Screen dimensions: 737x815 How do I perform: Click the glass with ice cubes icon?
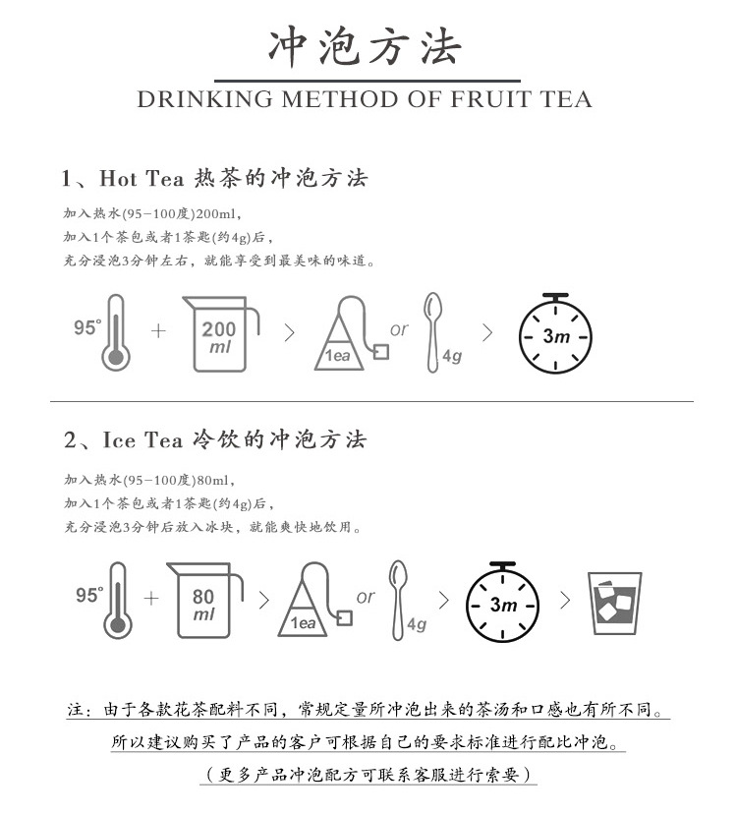[x=614, y=604]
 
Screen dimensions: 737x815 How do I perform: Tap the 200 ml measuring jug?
[x=220, y=334]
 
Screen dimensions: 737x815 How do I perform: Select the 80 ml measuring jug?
[x=204, y=601]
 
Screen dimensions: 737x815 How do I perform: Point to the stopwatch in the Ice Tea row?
[x=502, y=602]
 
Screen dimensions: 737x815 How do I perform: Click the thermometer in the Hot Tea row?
[x=116, y=332]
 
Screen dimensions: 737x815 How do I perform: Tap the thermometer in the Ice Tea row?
[x=118, y=601]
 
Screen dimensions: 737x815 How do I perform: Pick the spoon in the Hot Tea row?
[x=432, y=332]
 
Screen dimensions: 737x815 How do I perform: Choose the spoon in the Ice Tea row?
[x=398, y=600]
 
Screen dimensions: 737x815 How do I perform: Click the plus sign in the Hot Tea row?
[x=158, y=330]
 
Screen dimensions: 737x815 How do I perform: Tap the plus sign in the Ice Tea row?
[x=151, y=599]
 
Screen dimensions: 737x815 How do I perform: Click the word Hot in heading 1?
[x=119, y=178]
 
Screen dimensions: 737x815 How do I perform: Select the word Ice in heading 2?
[x=120, y=440]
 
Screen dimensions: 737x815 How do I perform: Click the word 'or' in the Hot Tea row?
[x=399, y=329]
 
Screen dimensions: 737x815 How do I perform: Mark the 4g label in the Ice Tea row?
[x=417, y=623]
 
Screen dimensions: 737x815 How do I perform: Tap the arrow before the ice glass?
[x=566, y=601]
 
